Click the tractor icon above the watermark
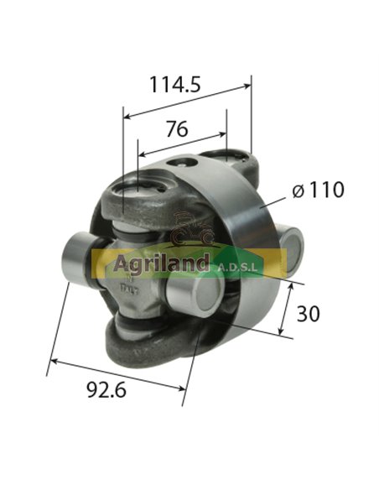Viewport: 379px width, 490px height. point(191,229)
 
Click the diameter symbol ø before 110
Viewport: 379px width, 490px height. point(299,191)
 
